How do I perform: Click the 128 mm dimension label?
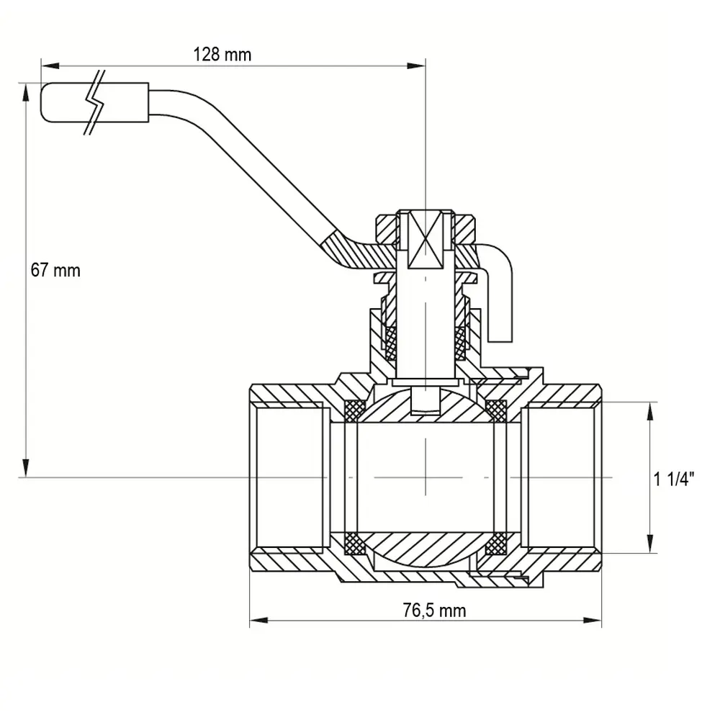point(222,55)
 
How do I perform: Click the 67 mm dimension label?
point(55,270)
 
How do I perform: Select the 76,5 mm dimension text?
point(434,611)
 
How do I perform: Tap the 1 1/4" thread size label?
point(674,479)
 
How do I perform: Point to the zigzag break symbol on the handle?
point(95,102)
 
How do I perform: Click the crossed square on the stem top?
point(426,239)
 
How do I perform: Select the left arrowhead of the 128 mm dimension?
point(50,66)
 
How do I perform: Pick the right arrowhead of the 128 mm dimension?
point(416,66)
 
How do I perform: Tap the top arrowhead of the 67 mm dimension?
point(26,92)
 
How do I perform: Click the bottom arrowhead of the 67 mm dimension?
point(26,468)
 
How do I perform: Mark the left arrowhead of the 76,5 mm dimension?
point(259,621)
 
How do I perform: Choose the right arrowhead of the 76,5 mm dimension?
point(592,621)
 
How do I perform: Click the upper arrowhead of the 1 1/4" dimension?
point(649,411)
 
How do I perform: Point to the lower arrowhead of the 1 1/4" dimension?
point(649,544)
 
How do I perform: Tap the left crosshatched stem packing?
point(391,343)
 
